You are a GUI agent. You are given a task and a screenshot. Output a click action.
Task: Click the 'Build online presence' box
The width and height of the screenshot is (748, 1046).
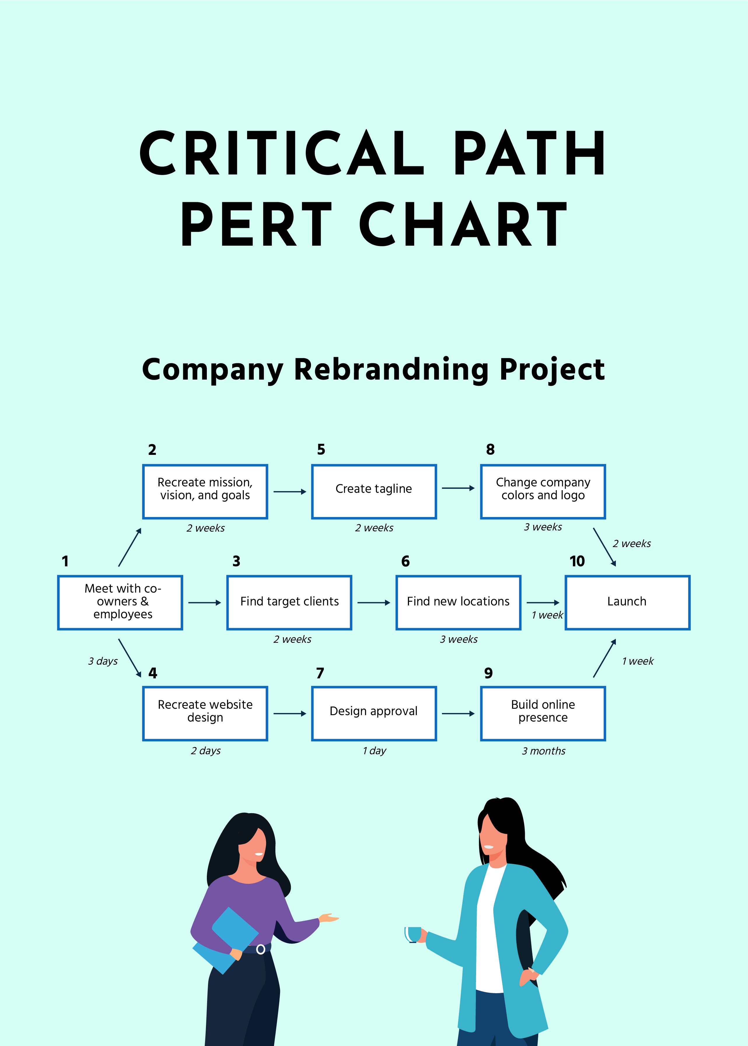click(x=543, y=713)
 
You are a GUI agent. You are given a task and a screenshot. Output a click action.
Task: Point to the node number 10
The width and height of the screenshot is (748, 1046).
click(x=577, y=561)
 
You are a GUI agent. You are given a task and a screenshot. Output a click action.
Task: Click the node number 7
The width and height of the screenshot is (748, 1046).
click(x=320, y=673)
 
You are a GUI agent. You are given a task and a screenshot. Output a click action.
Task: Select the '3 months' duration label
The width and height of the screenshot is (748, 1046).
click(x=543, y=751)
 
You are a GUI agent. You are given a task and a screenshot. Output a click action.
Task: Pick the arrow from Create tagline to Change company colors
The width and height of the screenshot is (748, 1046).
click(x=458, y=488)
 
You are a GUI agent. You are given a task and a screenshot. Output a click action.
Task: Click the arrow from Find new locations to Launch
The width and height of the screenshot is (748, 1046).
click(x=543, y=603)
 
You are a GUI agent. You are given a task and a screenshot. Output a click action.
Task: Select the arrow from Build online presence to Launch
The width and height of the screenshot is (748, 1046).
click(x=604, y=658)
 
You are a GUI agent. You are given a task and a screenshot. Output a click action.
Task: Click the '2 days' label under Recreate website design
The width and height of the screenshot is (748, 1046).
click(x=205, y=751)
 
